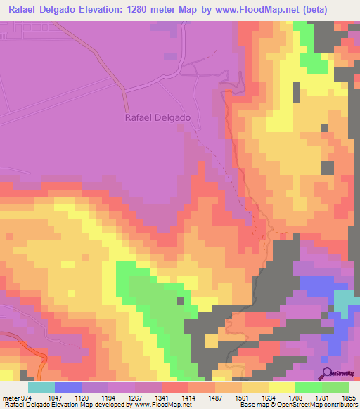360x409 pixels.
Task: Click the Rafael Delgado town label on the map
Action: [x=157, y=118]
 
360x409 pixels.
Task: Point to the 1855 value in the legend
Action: [x=349, y=397]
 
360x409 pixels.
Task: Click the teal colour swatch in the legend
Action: [x=41, y=387]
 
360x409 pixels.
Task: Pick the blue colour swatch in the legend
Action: [x=68, y=387]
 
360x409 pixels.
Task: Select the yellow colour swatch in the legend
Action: [x=282, y=387]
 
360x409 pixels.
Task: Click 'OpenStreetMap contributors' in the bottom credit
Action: [x=316, y=405]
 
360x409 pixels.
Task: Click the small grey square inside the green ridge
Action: [x=181, y=301]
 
